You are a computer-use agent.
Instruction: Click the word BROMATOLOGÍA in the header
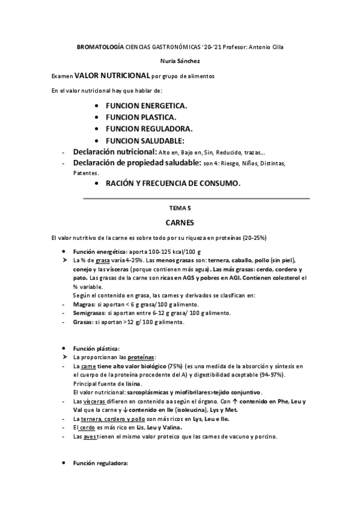(100, 46)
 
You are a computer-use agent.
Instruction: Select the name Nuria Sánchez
(180, 61)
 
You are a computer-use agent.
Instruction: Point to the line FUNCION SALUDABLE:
(145, 140)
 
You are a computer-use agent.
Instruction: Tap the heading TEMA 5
(180, 207)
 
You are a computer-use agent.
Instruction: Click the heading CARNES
(180, 222)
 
